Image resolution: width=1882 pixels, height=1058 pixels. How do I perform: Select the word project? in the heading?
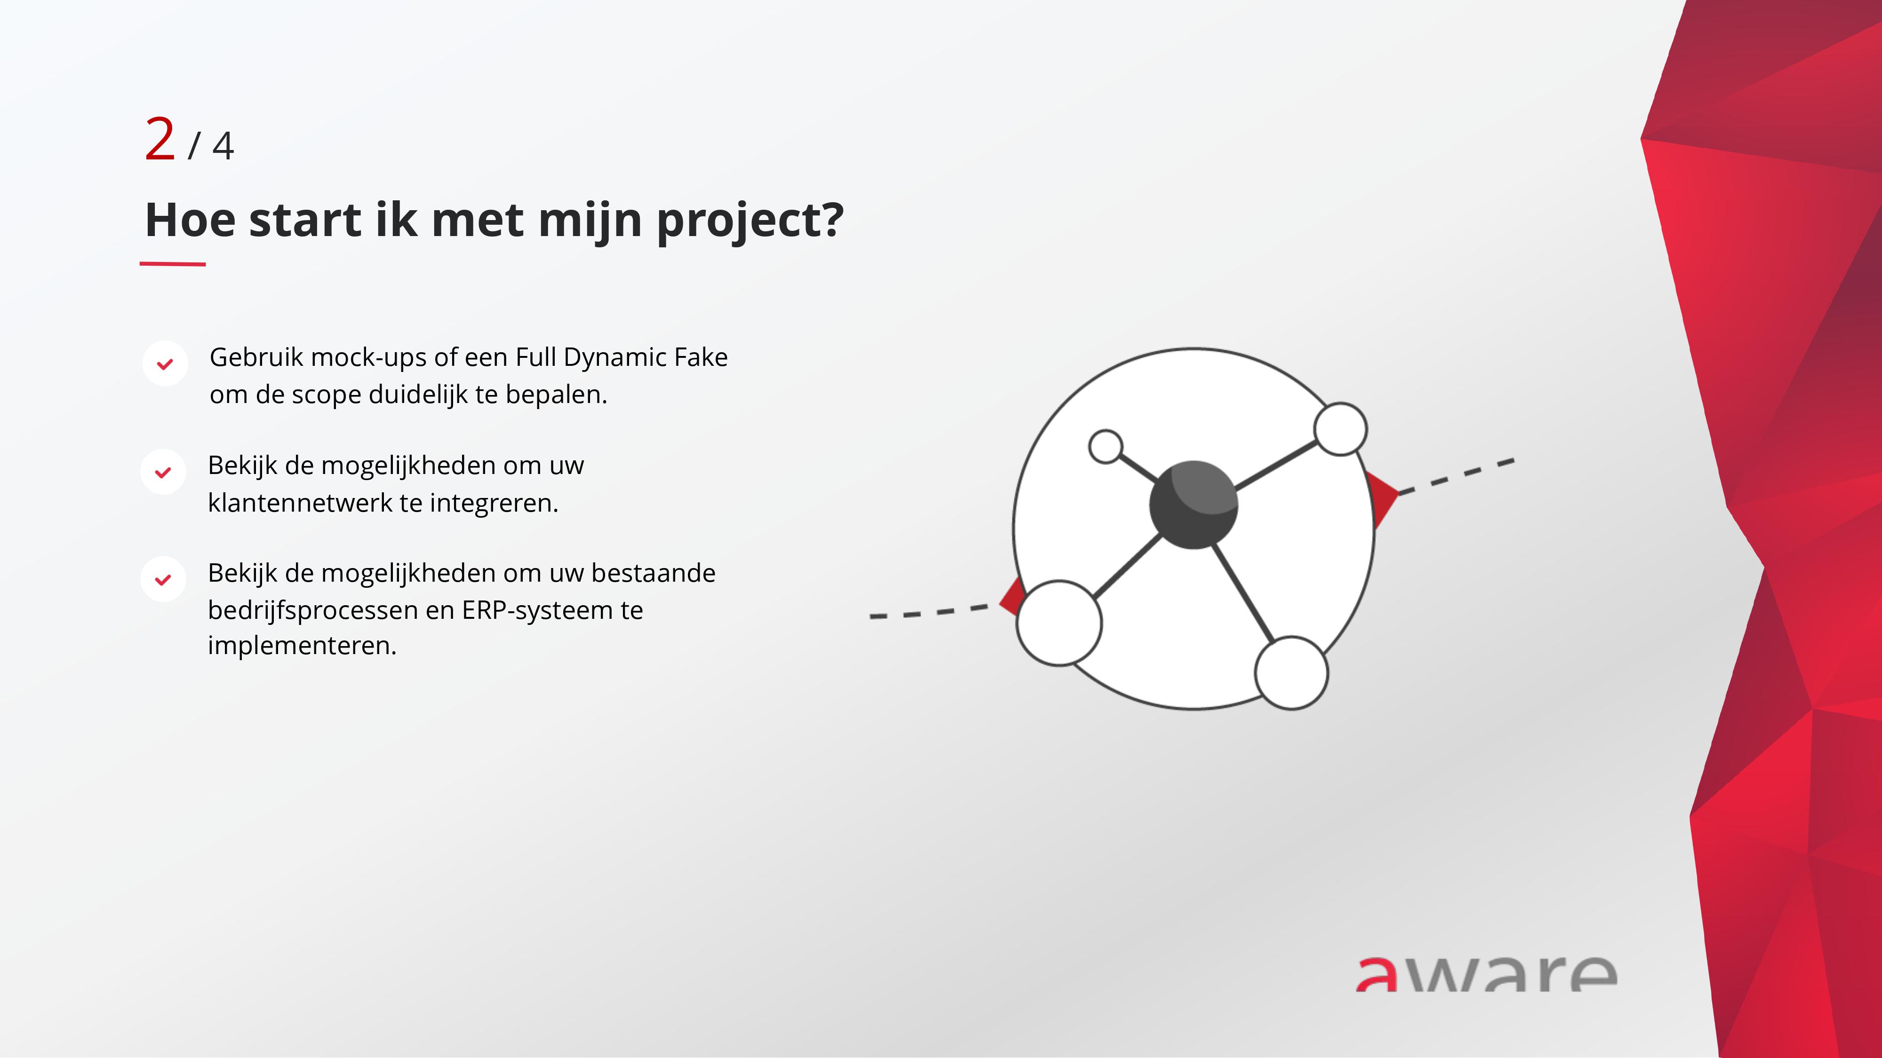(750, 221)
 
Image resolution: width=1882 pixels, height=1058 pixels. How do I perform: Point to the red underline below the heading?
(172, 264)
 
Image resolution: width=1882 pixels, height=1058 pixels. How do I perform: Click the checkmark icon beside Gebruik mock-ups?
(165, 363)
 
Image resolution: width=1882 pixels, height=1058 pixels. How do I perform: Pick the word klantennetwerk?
(300, 503)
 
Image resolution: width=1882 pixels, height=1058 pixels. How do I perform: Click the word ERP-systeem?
(537, 610)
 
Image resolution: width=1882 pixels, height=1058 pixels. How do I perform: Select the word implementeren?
(302, 646)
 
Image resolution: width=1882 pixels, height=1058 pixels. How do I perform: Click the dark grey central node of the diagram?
(1193, 505)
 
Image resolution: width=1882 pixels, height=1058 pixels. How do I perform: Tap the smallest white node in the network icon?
(1105, 446)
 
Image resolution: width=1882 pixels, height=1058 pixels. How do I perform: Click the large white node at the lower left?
(1060, 623)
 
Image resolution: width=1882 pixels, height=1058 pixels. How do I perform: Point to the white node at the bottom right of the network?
(1292, 672)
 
